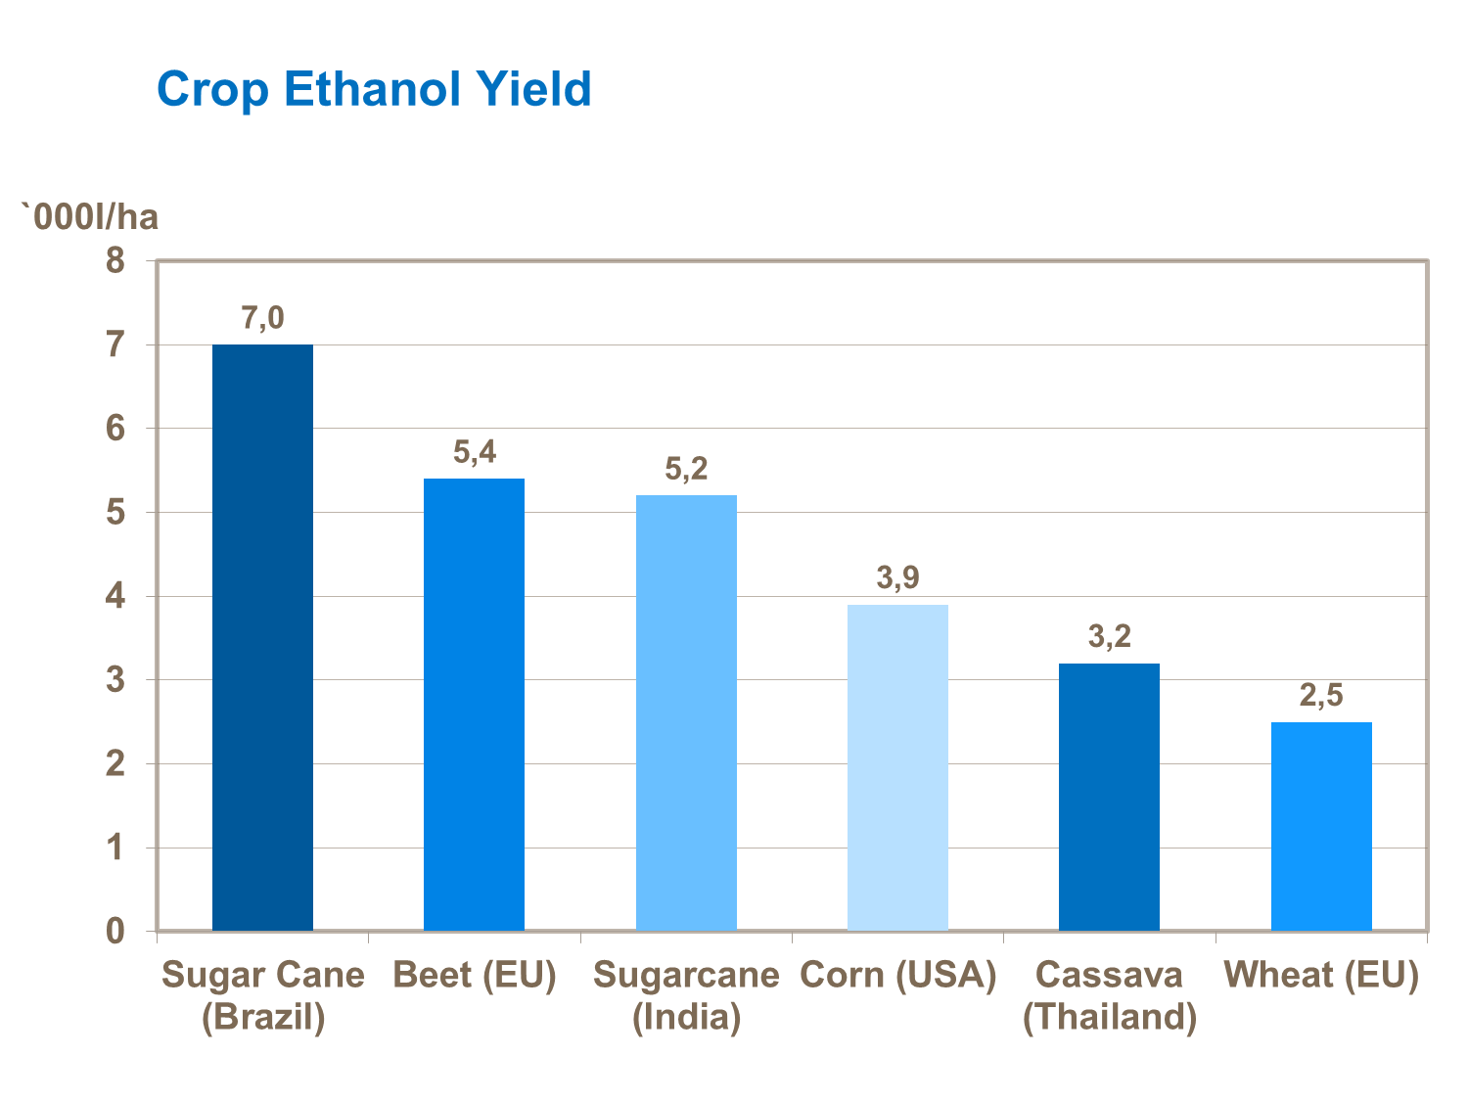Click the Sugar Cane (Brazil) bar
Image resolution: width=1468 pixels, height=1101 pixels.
tap(262, 637)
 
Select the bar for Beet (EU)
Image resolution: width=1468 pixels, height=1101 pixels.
tap(474, 705)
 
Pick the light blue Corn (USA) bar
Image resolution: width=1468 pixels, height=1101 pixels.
tap(897, 767)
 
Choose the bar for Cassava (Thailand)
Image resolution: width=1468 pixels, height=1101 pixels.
tap(1109, 797)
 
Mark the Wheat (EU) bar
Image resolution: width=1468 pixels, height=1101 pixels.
tap(1321, 826)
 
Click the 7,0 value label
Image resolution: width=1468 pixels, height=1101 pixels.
tap(262, 318)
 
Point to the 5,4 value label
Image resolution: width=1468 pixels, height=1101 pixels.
tap(475, 452)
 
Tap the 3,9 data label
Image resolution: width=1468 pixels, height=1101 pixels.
tap(897, 578)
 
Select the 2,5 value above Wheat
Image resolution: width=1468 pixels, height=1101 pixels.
tap(1321, 696)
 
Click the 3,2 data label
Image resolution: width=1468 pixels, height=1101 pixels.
tap(1109, 637)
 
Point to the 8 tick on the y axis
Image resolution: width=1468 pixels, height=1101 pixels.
tap(116, 261)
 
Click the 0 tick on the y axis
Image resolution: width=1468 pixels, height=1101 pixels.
tap(116, 931)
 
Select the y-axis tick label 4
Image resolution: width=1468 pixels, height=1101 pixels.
tap(116, 596)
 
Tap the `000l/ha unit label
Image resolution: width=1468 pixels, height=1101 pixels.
tap(90, 216)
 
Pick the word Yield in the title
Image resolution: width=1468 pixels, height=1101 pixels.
tap(534, 89)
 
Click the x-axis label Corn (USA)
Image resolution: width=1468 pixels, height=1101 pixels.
tap(897, 975)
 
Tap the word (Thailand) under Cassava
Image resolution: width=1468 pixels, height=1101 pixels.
tap(1109, 1017)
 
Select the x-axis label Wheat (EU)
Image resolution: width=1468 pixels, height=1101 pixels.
tap(1321, 975)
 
